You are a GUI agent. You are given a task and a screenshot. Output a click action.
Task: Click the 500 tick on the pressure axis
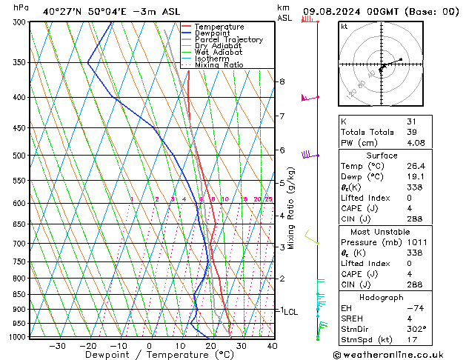(20, 156)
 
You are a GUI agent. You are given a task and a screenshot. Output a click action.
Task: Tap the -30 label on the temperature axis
(57, 346)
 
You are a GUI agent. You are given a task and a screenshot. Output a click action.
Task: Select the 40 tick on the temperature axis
(272, 346)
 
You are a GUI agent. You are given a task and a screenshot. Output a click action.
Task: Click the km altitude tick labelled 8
(282, 81)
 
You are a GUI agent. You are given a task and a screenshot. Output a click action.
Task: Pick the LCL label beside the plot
(290, 312)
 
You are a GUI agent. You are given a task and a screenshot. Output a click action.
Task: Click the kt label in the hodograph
(344, 27)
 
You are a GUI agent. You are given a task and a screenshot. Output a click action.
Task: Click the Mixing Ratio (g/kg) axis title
(292, 208)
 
